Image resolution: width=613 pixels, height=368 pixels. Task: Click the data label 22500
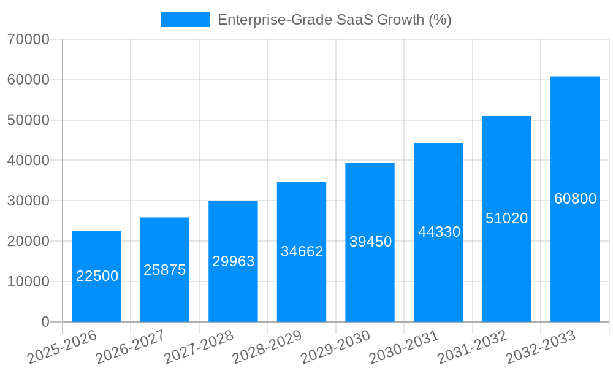point(97,276)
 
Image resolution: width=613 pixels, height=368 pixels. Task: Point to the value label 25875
point(165,270)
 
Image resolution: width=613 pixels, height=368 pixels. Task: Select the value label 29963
point(234,261)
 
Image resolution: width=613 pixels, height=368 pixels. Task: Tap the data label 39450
point(370,242)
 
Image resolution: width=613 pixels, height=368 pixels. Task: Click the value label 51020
point(507,218)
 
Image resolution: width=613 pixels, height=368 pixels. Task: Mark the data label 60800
point(575,199)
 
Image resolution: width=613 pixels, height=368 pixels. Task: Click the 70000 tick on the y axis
point(28,39)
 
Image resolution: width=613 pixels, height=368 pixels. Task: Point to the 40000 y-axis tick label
point(28,160)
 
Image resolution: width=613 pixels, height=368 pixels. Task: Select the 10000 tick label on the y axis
point(28,282)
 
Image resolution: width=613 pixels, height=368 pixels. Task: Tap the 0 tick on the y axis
point(45,322)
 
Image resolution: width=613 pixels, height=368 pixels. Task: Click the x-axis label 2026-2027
point(130,347)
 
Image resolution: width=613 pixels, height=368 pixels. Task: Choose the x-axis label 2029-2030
point(335,347)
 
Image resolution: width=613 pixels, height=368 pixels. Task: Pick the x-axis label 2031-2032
point(472,347)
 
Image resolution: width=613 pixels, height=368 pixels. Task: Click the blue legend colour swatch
point(185,20)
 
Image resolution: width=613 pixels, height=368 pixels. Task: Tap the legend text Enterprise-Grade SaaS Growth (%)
point(334,20)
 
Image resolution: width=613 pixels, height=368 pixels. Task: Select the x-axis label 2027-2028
point(199,347)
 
